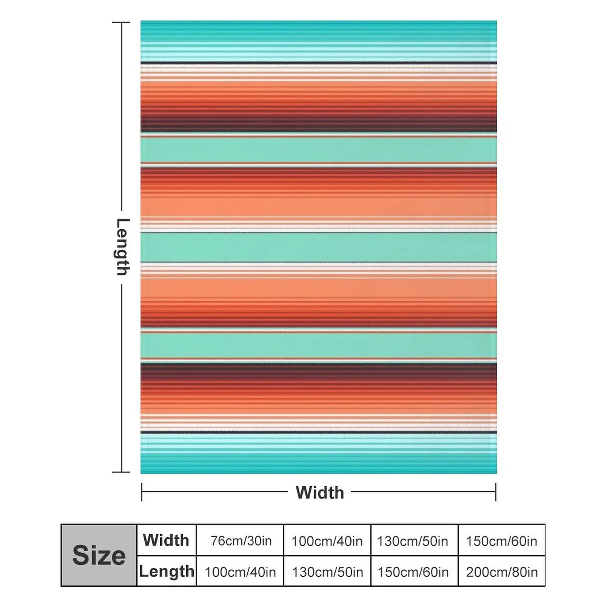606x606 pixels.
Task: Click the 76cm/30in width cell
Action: click(241, 540)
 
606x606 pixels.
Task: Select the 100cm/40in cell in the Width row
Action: click(327, 540)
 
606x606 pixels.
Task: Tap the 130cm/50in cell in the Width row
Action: click(412, 540)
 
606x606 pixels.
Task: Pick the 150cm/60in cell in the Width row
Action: click(501, 540)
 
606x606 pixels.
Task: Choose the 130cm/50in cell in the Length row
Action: click(327, 572)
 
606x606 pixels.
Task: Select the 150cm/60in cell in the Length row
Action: click(413, 572)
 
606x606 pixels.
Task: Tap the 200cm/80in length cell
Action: click(501, 572)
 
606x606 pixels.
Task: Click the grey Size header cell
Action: click(98, 555)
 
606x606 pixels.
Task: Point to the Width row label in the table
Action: click(166, 540)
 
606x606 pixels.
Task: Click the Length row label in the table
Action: click(167, 571)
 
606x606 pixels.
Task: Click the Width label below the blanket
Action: click(320, 492)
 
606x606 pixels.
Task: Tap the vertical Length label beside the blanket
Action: click(122, 247)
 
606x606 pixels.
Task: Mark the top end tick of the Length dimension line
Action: click(121, 23)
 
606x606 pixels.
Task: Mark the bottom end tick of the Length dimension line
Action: click(121, 472)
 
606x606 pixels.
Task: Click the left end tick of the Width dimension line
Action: click(142, 492)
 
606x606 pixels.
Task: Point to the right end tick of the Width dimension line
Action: click(495, 492)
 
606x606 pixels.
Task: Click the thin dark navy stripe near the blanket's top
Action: click(318, 62)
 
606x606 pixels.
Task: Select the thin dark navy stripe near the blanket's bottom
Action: click(318, 432)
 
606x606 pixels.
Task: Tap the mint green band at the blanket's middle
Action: click(318, 247)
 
